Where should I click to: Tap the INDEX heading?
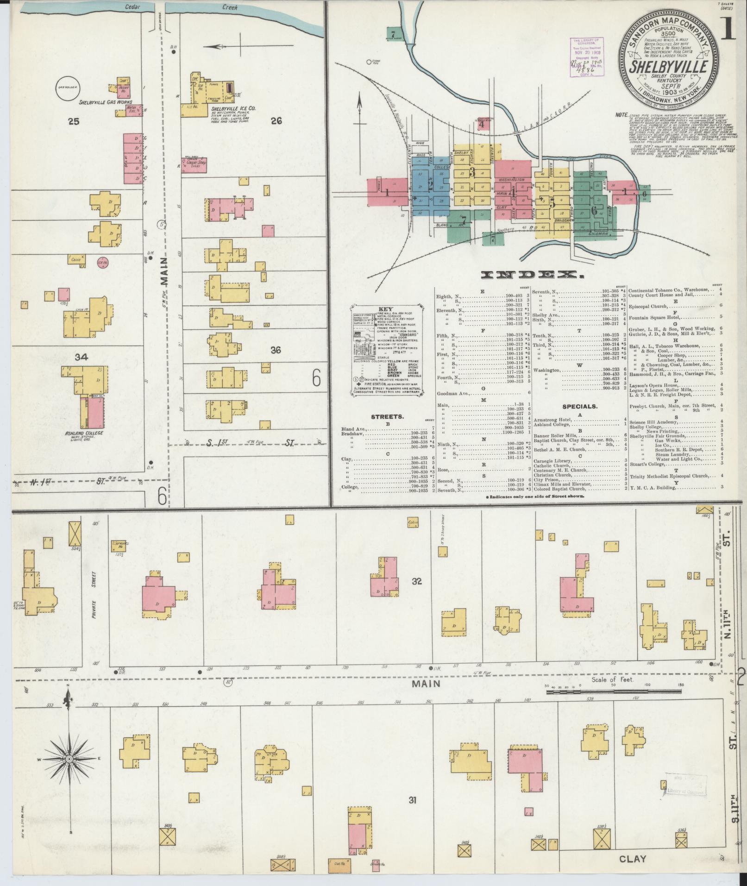point(532,275)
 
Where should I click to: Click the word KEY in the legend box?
point(385,308)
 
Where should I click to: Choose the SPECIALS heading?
point(579,407)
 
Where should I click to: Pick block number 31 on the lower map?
point(413,800)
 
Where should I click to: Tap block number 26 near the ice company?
point(276,121)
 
